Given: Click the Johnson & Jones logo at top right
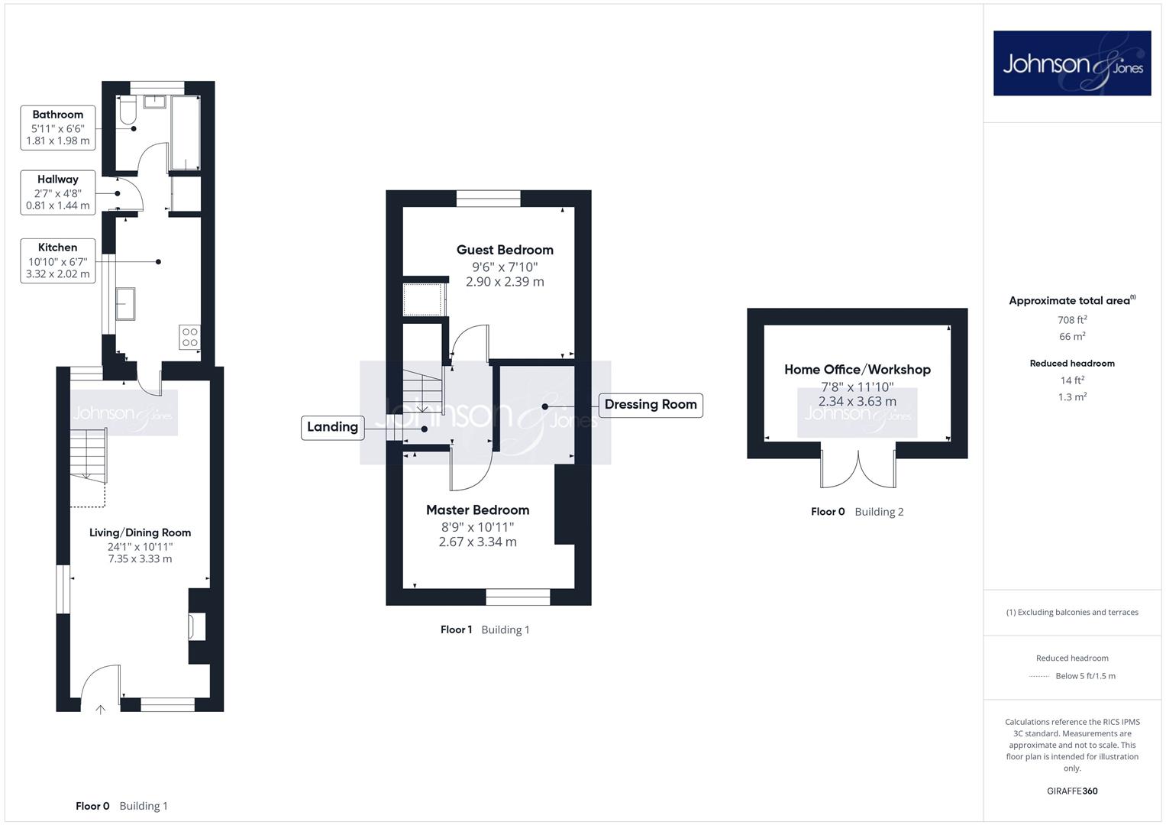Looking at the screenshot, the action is tap(1072, 63).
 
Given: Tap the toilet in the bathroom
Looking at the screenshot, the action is tap(128, 110).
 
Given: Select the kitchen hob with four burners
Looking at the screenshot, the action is tap(190, 336).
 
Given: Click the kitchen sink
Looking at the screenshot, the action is tap(125, 304).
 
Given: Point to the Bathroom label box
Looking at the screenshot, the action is tap(58, 128).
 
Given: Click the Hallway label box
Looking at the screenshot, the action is tap(58, 192).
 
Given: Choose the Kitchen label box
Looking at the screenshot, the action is tap(58, 261).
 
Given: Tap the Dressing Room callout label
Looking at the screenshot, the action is tap(651, 405).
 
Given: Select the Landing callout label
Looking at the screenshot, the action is tap(333, 427).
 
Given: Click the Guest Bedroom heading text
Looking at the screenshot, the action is tap(505, 250).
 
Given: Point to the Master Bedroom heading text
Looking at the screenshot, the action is tap(478, 510).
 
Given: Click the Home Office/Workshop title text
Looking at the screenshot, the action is tap(858, 369).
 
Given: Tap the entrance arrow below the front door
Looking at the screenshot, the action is tap(101, 709).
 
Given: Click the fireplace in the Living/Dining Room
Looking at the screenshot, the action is tap(197, 626).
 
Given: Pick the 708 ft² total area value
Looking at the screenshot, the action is tap(1072, 320).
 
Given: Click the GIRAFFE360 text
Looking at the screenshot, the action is tap(1072, 791).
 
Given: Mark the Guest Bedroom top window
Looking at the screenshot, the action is tap(488, 199).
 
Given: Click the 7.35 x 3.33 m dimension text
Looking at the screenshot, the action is tap(140, 559).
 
